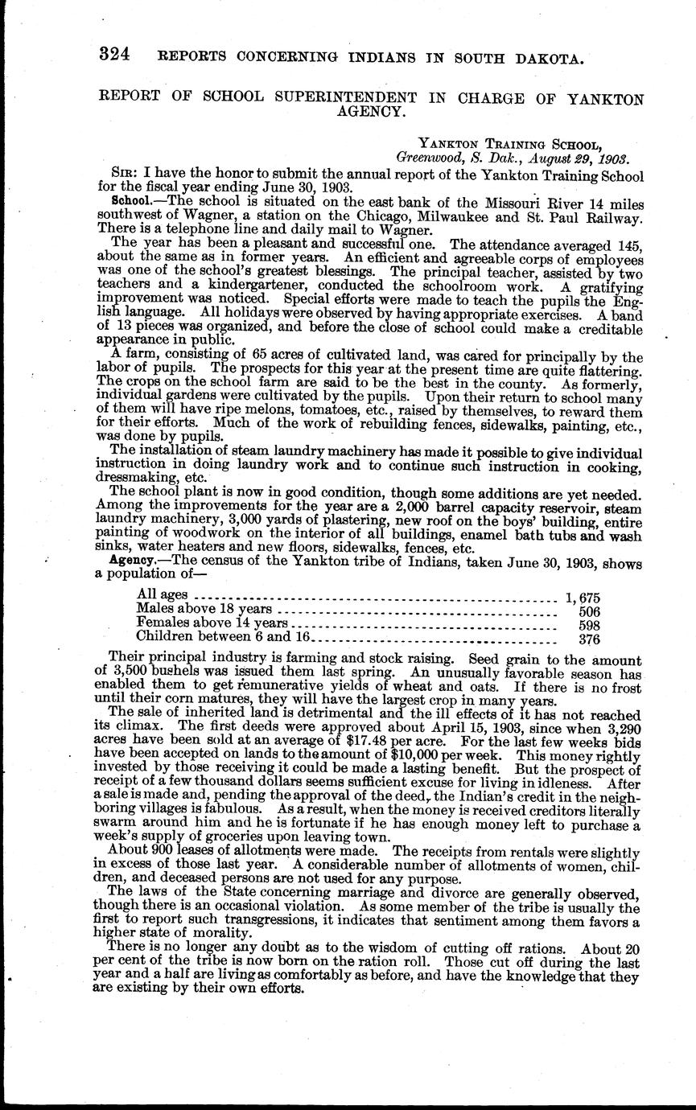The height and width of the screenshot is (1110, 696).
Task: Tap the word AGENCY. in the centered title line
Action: coord(370,113)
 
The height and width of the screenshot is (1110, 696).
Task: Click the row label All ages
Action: coord(163,595)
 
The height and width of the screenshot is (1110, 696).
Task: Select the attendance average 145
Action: coord(629,244)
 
